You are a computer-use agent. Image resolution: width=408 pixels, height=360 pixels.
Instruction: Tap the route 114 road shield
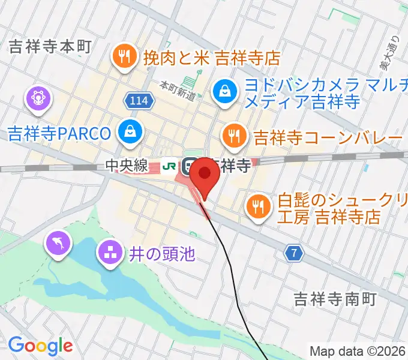tap(138, 101)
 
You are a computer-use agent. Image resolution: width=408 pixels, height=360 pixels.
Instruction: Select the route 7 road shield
tap(292, 254)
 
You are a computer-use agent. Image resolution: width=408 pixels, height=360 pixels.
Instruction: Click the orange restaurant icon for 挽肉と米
tap(124, 58)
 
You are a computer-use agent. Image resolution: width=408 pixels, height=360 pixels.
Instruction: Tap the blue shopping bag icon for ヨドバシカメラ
tap(224, 92)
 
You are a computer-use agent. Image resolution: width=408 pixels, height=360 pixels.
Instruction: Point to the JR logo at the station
tap(172, 165)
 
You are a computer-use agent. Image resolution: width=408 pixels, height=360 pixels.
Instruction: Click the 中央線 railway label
tap(127, 165)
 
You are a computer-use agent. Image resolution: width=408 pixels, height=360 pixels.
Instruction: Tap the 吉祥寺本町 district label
tap(49, 48)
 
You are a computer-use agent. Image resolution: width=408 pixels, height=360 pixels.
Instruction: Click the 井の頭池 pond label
tap(162, 254)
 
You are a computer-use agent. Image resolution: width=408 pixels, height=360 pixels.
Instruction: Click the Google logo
tap(40, 346)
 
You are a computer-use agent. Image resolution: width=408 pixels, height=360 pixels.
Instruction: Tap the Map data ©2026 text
tap(358, 351)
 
